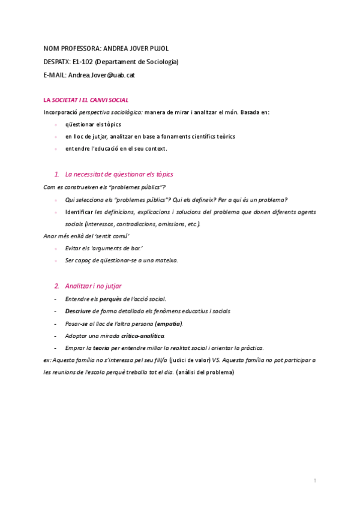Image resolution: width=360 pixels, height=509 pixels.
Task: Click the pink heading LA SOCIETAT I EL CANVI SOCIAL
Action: tap(86, 100)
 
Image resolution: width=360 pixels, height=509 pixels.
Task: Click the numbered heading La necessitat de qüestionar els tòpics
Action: tap(119, 174)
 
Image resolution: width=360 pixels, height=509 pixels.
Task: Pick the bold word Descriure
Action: tap(78, 311)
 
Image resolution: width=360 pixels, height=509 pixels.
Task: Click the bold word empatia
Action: tap(169, 324)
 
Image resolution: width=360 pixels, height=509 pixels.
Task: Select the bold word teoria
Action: tap(100, 348)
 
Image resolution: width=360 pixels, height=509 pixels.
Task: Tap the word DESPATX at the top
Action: tap(57, 61)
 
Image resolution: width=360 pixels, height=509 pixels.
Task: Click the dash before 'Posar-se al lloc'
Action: tap(55, 324)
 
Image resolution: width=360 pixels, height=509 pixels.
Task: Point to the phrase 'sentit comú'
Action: tap(113, 236)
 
